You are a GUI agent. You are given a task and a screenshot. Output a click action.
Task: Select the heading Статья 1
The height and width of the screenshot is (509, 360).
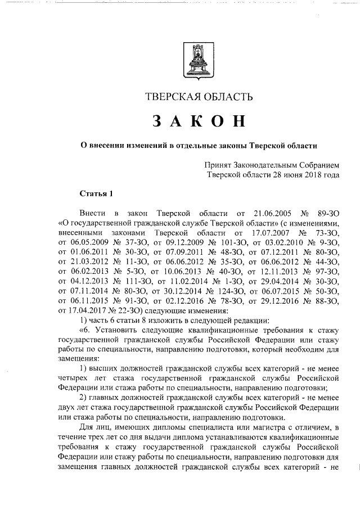[97, 194]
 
